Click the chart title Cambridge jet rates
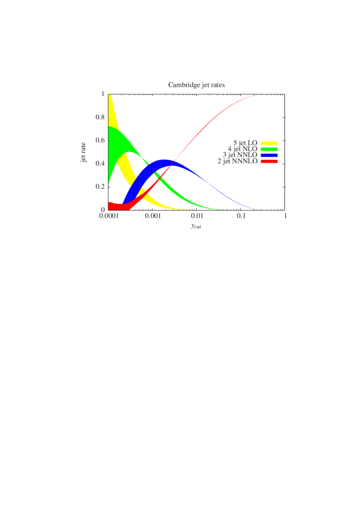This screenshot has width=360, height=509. click(x=196, y=85)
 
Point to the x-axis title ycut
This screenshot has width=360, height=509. click(x=196, y=225)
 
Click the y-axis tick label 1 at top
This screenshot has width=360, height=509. click(x=102, y=94)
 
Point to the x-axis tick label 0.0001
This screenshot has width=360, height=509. click(x=109, y=216)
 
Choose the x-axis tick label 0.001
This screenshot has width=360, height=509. click(x=153, y=216)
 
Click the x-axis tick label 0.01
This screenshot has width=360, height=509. click(x=197, y=216)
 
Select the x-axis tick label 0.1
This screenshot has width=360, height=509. click(x=241, y=216)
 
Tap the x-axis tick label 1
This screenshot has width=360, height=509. click(x=285, y=216)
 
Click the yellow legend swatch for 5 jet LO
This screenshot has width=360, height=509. click(x=269, y=143)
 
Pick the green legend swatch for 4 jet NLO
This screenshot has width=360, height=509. click(x=269, y=149)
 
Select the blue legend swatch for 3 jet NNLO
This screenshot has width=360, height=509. click(x=269, y=155)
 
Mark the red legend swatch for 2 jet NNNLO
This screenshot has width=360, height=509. click(x=269, y=161)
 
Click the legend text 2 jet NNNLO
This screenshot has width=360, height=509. click(x=237, y=161)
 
